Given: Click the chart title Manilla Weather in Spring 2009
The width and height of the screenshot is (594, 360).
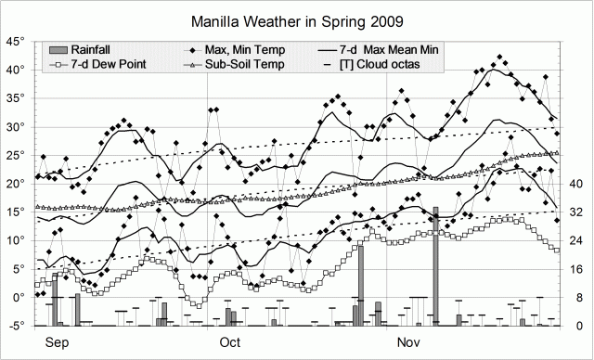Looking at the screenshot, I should [x=297, y=19].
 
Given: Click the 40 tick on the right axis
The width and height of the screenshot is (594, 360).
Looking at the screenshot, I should [x=575, y=183].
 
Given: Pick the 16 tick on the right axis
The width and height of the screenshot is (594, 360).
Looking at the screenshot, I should [x=575, y=269].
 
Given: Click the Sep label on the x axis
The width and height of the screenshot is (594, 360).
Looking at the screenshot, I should [x=57, y=342].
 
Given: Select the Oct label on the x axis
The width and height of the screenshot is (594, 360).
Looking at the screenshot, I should [x=229, y=342].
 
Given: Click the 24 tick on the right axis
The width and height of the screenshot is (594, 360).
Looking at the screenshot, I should [x=575, y=240].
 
